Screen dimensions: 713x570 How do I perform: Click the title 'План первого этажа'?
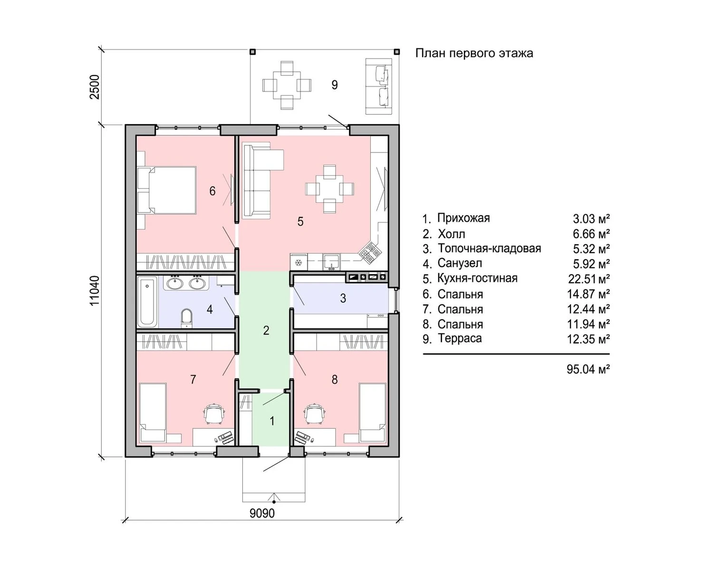click(x=474, y=53)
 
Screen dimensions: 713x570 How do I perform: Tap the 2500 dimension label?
click(x=95, y=87)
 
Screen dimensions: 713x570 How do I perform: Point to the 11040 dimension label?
click(x=95, y=291)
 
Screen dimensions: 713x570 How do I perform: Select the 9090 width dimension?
click(x=262, y=513)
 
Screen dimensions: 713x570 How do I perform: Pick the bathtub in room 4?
click(x=147, y=302)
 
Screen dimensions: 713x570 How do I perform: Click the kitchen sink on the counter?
click(x=331, y=262)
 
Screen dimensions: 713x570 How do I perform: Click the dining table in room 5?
click(x=330, y=189)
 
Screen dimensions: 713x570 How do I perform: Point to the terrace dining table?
click(x=287, y=85)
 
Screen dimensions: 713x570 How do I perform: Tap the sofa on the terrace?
click(x=379, y=86)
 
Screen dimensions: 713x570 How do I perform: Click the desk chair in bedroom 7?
click(x=214, y=413)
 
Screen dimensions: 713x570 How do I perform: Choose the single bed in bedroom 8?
click(x=373, y=412)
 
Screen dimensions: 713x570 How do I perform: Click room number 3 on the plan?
click(x=343, y=298)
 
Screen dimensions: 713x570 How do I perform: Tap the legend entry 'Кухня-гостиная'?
click(x=477, y=278)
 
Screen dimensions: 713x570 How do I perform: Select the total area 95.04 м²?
click(x=588, y=369)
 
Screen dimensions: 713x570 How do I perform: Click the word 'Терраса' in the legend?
click(x=460, y=339)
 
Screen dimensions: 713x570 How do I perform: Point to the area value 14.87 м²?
click(x=588, y=294)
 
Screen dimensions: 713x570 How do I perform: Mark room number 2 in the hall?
click(x=266, y=330)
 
